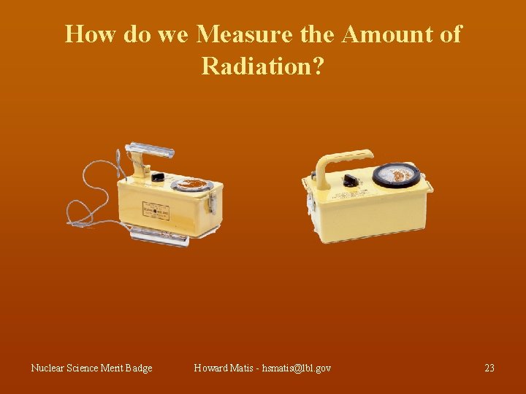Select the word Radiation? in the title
pyautogui.click(x=262, y=66)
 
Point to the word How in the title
pyautogui.click(x=91, y=34)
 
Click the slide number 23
pyautogui.click(x=489, y=368)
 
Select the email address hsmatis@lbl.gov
pyautogui.click(x=291, y=368)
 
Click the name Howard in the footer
pyautogui.click(x=212, y=368)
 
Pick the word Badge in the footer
pyautogui.click(x=139, y=368)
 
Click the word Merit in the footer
pyautogui.click(x=109, y=368)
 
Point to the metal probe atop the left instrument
pyautogui.click(x=150, y=152)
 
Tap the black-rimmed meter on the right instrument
pyautogui.click(x=396, y=176)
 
